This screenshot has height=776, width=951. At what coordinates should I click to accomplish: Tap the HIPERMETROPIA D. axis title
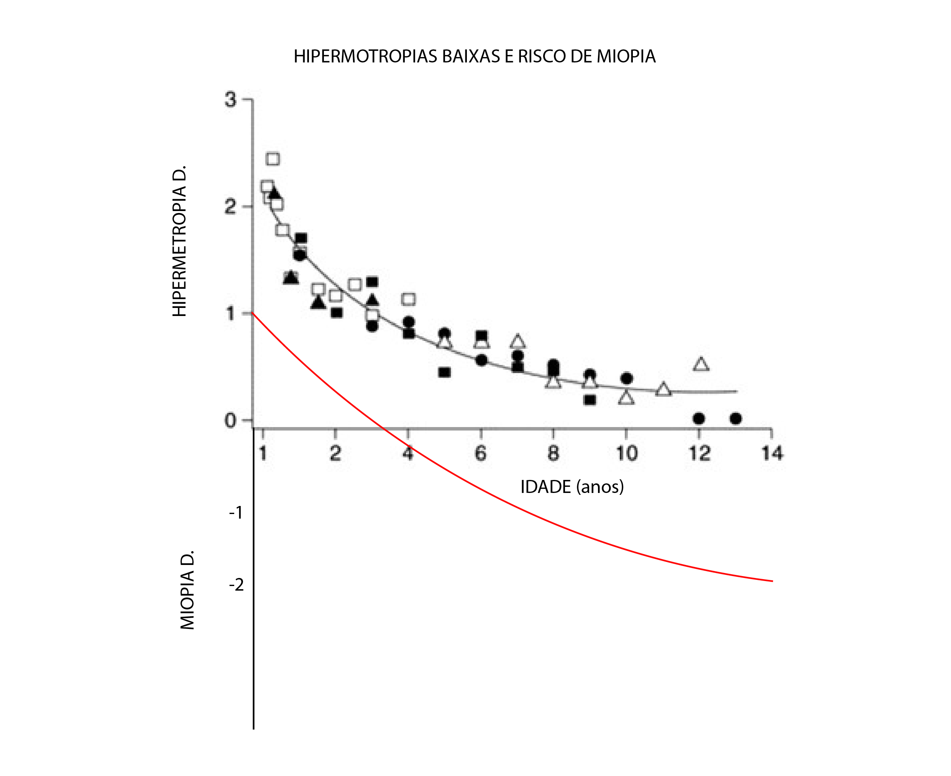[x=179, y=241]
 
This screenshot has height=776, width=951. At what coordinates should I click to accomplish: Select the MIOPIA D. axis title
[x=187, y=590]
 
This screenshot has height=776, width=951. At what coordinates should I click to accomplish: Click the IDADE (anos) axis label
[x=572, y=486]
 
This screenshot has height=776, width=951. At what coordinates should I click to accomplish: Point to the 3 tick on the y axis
[x=230, y=99]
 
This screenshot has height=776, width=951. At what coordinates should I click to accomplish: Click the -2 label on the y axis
[x=237, y=585]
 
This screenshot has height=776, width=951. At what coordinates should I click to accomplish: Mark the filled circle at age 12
[x=699, y=418]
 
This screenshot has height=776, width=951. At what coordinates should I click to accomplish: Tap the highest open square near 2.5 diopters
[x=273, y=159]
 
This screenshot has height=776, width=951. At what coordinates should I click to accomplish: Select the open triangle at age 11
[x=664, y=390]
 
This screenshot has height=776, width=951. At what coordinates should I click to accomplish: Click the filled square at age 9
[x=590, y=399]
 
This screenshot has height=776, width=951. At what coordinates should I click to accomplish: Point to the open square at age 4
[x=408, y=299]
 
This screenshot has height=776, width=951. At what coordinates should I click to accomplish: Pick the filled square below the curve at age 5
[x=444, y=372]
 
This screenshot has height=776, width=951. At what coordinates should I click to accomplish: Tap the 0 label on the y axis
[x=230, y=420]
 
